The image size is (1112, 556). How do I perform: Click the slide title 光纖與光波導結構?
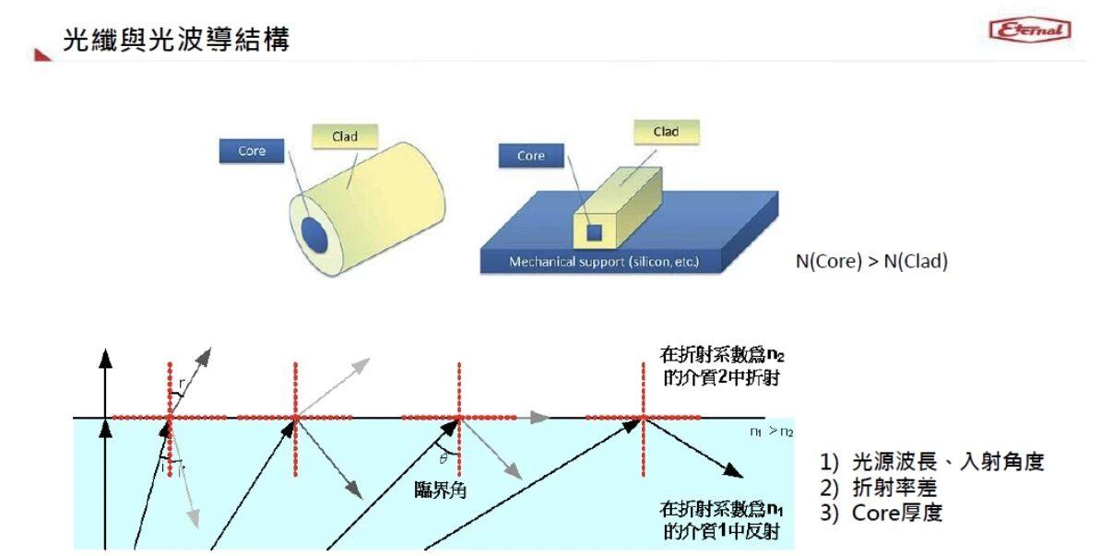pyautogui.click(x=175, y=40)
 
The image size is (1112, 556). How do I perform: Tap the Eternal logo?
pyautogui.click(x=1029, y=30)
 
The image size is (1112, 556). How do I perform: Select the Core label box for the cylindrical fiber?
pyautogui.click(x=252, y=150)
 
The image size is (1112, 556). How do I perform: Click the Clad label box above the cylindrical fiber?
pyautogui.click(x=344, y=137)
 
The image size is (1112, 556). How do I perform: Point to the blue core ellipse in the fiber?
pyautogui.click(x=315, y=234)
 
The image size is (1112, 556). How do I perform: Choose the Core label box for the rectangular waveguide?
pyautogui.click(x=531, y=156)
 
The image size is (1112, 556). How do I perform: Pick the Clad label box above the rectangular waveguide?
pyautogui.click(x=666, y=132)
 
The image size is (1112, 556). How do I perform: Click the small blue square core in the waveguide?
pyautogui.click(x=596, y=231)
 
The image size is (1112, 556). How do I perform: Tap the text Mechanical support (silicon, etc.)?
pyautogui.click(x=604, y=262)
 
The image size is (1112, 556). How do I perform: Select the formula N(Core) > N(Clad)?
pyautogui.click(x=871, y=261)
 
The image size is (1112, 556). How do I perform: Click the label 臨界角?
pyautogui.click(x=440, y=490)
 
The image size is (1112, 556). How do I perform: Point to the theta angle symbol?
pyautogui.click(x=443, y=458)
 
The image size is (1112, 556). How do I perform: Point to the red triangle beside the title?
pyautogui.click(x=42, y=55)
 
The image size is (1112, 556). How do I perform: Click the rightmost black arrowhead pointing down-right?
pyautogui.click(x=732, y=471)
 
